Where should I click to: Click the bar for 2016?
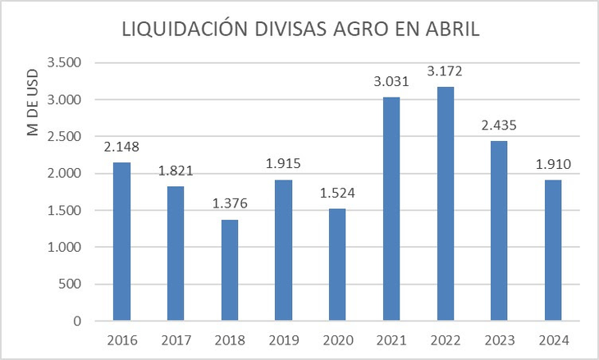[121, 241]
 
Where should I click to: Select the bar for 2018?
[229, 270]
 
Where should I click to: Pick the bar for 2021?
[391, 209]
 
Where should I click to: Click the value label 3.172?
[445, 72]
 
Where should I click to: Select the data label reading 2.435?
[499, 126]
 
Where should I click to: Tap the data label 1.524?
[337, 194]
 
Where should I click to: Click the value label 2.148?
[121, 148]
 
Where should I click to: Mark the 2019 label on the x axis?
[283, 339]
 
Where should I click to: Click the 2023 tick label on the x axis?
[499, 339]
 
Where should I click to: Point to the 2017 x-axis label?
[175, 339]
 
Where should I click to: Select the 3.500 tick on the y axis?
[65, 63]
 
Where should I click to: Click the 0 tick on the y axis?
[80, 321]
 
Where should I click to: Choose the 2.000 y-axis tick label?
[65, 174]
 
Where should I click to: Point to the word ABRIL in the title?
[450, 30]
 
